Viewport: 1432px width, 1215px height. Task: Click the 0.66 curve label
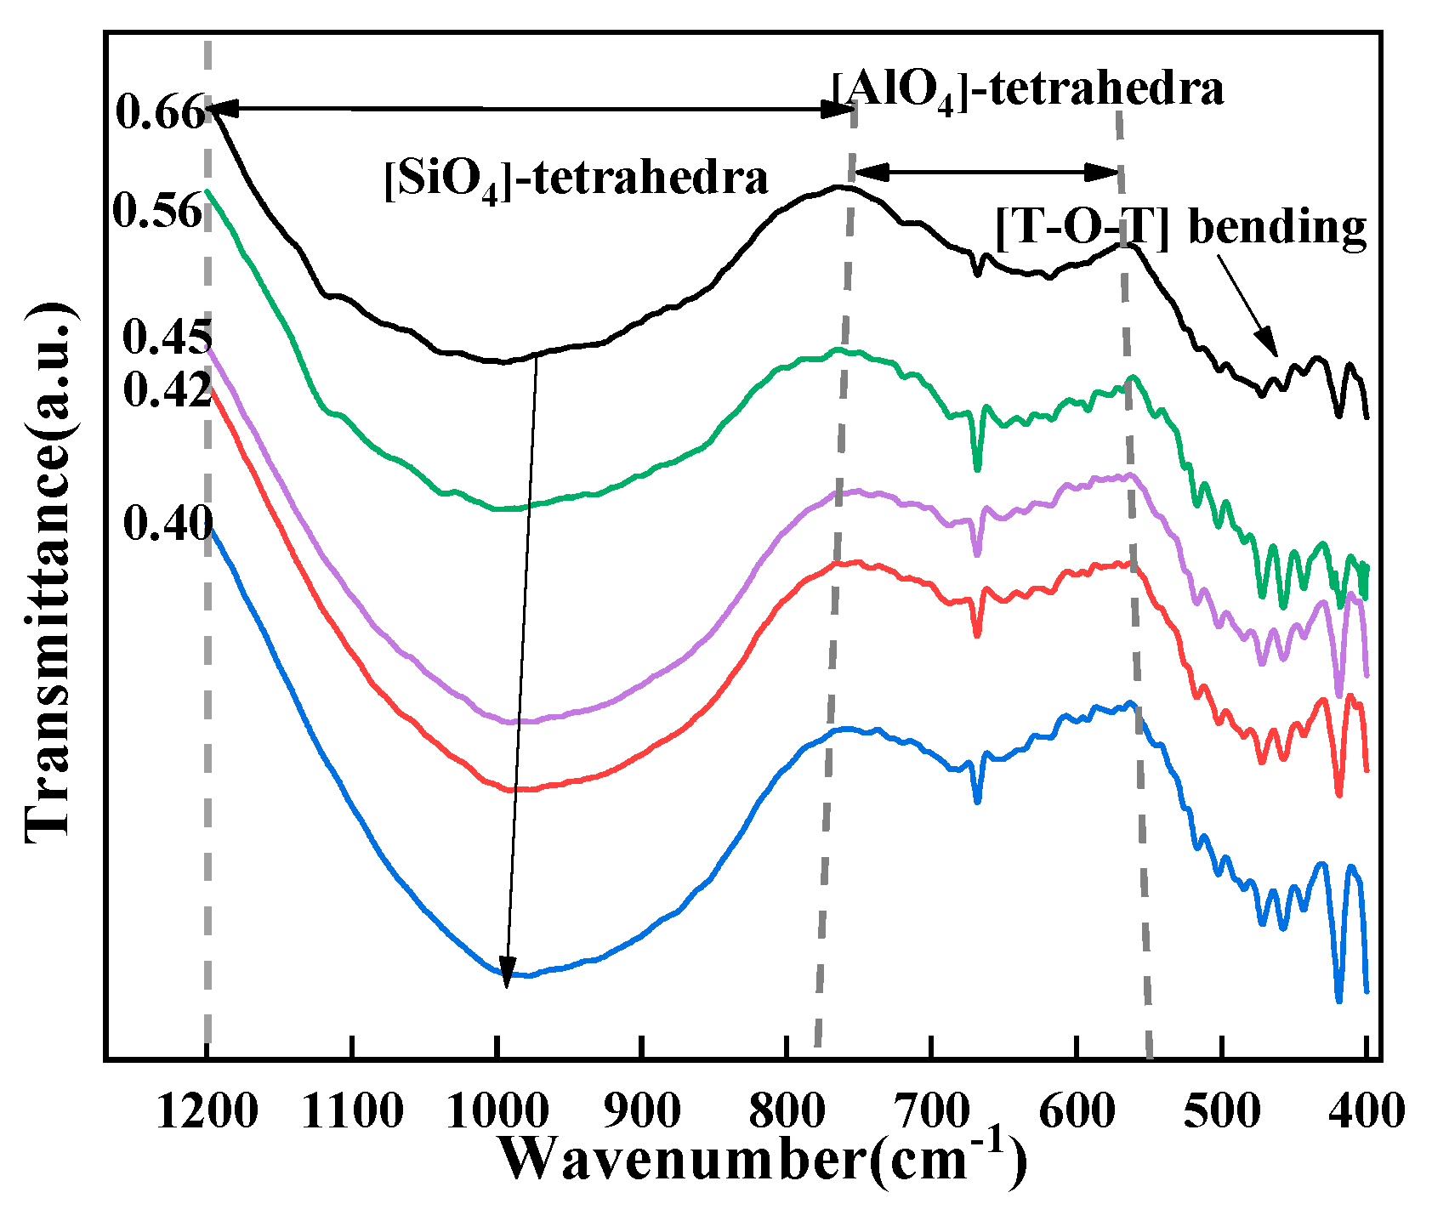click(x=160, y=112)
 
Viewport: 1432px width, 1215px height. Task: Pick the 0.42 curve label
click(x=166, y=390)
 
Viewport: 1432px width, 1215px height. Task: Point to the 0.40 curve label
click(x=167, y=524)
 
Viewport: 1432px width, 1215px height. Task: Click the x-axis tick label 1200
click(x=207, y=1110)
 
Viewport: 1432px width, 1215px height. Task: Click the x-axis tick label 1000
click(x=498, y=1110)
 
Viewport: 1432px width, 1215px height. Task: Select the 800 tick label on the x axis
click(x=787, y=1110)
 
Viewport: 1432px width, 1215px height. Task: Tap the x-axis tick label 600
click(x=1077, y=1110)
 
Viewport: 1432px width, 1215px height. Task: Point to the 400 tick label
click(x=1367, y=1110)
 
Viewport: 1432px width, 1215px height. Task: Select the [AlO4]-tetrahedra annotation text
click(x=1028, y=88)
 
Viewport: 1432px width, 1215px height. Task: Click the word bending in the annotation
click(x=1276, y=228)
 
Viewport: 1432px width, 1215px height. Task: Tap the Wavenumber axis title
click(x=761, y=1160)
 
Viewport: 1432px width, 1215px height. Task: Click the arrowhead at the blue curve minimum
click(x=507, y=974)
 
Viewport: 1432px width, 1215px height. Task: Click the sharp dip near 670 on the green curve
click(x=977, y=466)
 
